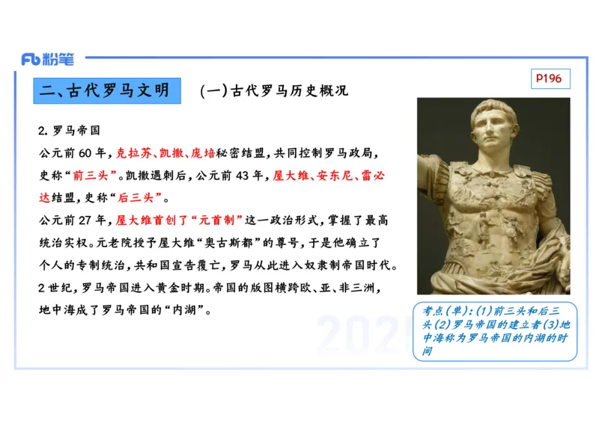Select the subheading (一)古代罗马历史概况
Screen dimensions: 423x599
[274, 91]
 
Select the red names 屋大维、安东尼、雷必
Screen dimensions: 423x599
[329, 176]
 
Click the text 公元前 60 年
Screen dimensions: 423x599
[74, 153]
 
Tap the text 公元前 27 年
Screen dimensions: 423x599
[74, 220]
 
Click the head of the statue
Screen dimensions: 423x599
[493, 127]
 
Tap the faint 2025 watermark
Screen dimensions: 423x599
[363, 335]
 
